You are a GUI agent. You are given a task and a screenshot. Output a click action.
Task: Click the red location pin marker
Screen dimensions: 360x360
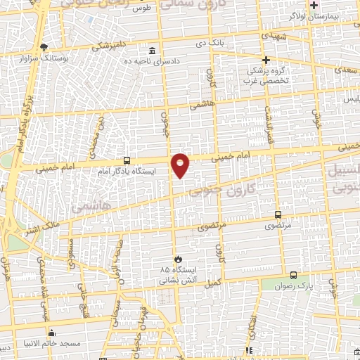(181, 165)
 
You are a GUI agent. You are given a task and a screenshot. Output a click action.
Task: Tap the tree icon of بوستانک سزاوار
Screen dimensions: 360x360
(44, 47)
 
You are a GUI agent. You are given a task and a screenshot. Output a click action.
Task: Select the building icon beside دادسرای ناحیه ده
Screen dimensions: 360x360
(153, 51)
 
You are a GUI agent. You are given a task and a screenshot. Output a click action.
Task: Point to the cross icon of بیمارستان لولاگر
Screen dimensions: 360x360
(314, 5)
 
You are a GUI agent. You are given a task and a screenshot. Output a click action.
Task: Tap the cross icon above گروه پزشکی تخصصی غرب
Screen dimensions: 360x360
(266, 60)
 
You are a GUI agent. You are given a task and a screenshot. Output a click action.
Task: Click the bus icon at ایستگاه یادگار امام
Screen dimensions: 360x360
(126, 160)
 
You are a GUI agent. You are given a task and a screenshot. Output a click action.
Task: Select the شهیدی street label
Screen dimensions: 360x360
(274, 34)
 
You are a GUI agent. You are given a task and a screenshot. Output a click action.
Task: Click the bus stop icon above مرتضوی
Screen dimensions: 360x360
(278, 214)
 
